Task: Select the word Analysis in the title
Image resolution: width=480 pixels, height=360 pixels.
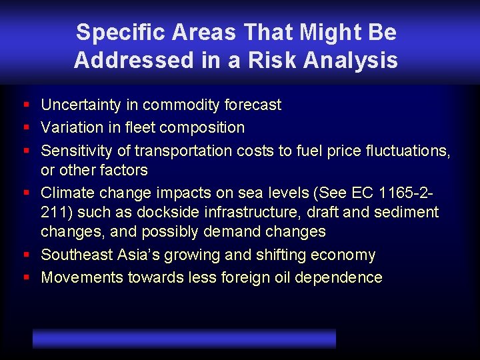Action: (351, 60)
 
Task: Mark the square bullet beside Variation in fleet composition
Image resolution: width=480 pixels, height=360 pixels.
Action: (25, 127)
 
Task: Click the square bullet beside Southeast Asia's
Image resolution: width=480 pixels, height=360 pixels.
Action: (25, 255)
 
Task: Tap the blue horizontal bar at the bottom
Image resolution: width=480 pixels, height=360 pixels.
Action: (184, 339)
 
